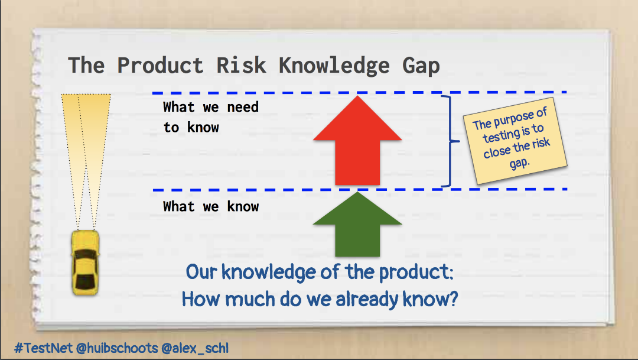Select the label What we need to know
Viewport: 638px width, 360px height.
pyautogui.click(x=210, y=117)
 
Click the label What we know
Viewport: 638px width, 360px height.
pyautogui.click(x=211, y=206)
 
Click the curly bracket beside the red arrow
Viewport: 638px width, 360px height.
pyautogui.click(x=452, y=141)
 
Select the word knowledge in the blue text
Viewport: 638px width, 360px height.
pyautogui.click(x=259, y=273)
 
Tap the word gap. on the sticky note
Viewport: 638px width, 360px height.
pyautogui.click(x=520, y=161)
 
